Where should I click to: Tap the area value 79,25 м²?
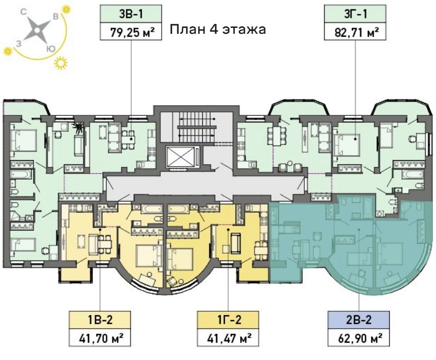[x=132, y=32]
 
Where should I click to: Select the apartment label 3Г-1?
[x=355, y=14]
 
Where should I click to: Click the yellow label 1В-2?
[x=100, y=320]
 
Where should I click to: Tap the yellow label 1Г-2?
[x=229, y=320]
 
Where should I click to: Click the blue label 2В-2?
[x=359, y=320]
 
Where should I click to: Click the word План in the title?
[x=186, y=29]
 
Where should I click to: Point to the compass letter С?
[x=24, y=11]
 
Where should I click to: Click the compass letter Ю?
[x=50, y=49]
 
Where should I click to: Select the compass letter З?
[x=18, y=43]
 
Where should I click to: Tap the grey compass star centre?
[x=37, y=31]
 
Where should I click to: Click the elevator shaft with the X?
[x=180, y=157]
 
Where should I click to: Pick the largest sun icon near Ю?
[x=61, y=63]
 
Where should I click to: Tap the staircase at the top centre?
[x=197, y=127]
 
